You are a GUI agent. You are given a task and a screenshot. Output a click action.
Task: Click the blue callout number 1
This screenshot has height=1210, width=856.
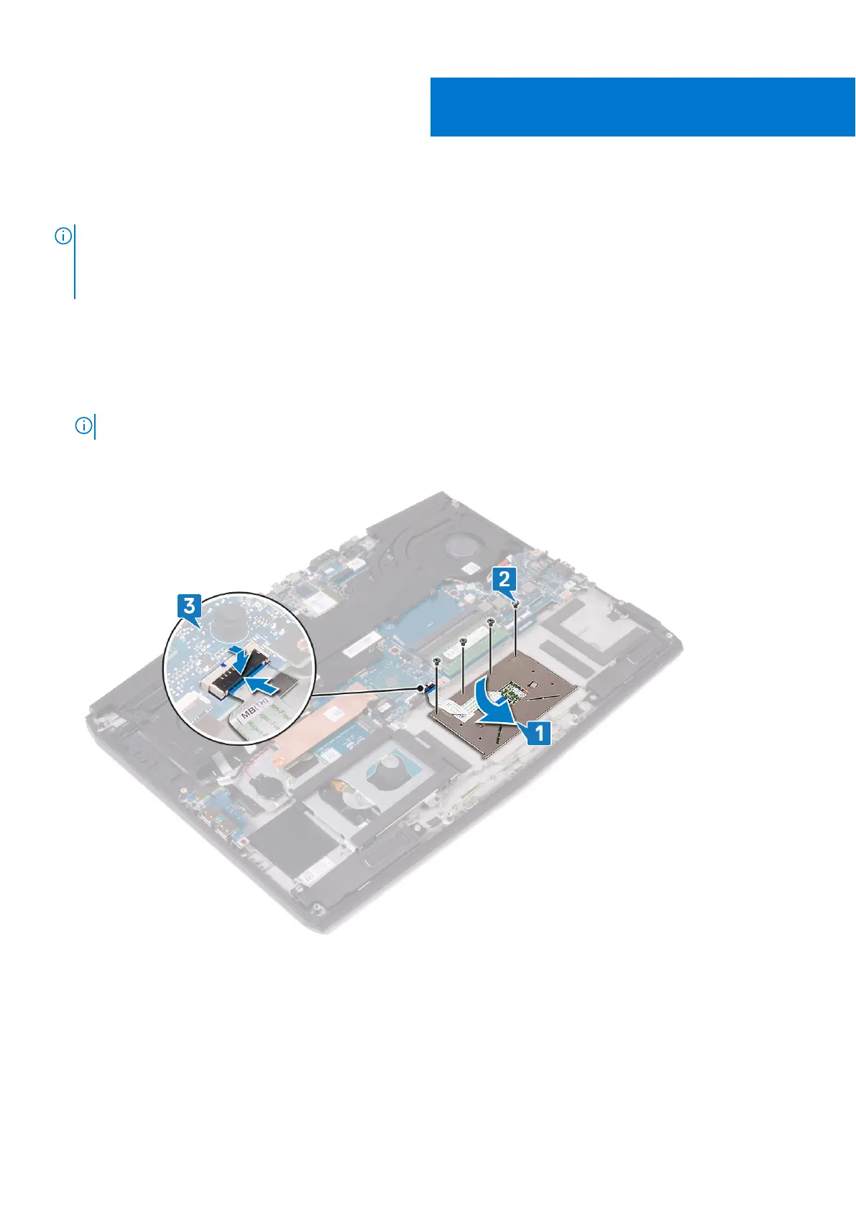click(539, 734)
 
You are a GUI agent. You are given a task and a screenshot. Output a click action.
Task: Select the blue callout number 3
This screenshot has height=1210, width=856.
click(189, 606)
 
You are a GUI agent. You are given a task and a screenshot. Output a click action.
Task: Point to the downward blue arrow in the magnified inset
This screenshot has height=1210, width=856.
click(239, 654)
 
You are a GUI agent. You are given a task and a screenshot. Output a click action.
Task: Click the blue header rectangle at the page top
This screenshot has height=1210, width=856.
click(642, 107)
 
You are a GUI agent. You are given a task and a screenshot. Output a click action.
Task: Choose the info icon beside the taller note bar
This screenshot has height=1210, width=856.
click(63, 236)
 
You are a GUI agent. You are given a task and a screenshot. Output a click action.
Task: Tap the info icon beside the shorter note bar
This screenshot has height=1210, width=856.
click(83, 426)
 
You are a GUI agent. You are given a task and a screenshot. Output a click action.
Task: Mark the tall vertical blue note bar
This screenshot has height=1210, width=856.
click(75, 262)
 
